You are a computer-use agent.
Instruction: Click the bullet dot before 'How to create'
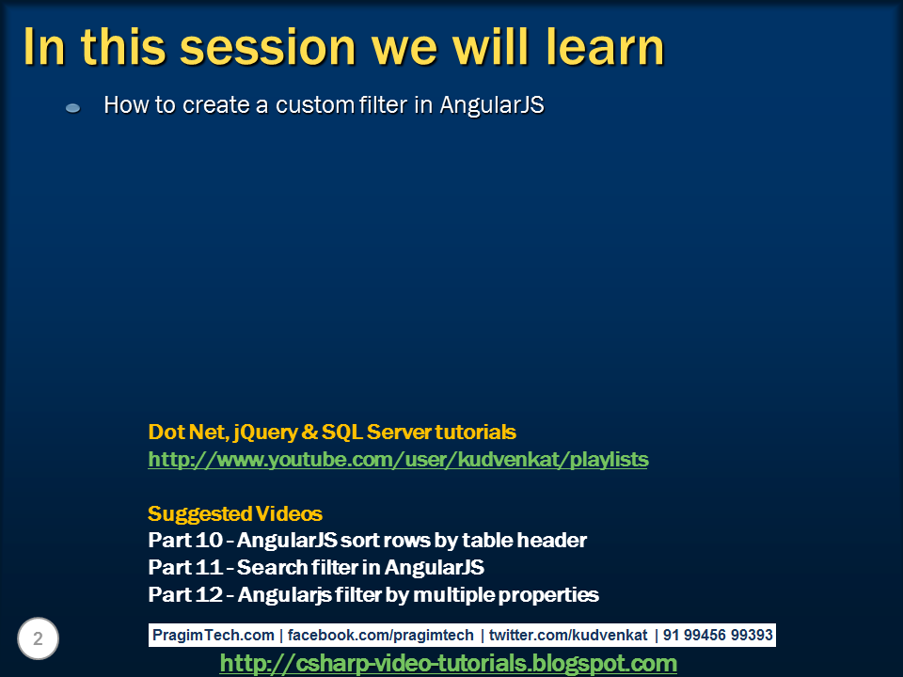click(72, 109)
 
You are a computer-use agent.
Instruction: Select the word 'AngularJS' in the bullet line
click(492, 105)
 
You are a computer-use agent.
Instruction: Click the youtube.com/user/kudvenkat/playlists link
click(398, 460)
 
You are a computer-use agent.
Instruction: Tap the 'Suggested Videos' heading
click(235, 514)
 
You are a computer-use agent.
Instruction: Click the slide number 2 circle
click(38, 639)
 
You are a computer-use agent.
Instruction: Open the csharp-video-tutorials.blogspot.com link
click(448, 664)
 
